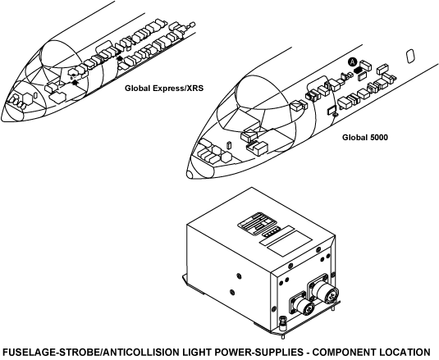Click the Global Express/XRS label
point(164,89)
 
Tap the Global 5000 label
point(365,137)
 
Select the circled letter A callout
point(353,62)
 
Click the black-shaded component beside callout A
point(357,70)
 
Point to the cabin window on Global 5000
point(409,56)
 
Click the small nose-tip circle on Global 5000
point(190,175)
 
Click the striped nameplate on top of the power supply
point(257,222)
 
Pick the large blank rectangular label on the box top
point(290,243)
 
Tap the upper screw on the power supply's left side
point(238,276)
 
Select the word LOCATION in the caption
point(404,353)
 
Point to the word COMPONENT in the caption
point(340,353)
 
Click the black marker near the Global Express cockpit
point(75,82)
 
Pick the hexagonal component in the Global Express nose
point(27,98)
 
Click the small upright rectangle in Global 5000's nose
point(229,145)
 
